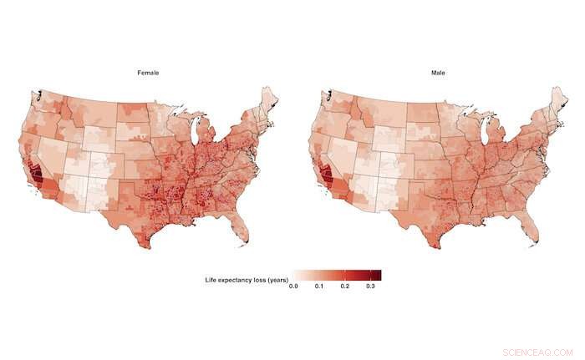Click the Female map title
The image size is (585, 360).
[149, 74]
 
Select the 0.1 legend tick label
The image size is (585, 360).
[319, 286]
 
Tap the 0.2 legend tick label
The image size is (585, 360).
[344, 286]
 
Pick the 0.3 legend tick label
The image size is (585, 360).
[370, 286]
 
